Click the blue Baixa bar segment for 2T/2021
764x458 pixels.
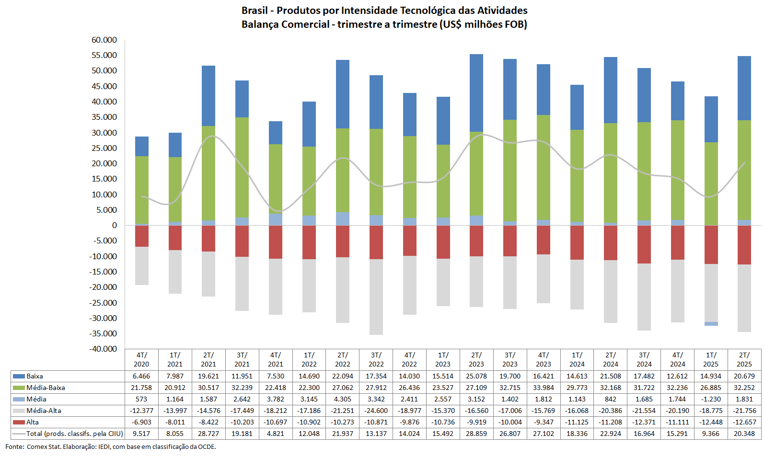[208, 96]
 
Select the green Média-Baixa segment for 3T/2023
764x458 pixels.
[510, 170]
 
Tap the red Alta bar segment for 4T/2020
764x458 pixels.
[141, 236]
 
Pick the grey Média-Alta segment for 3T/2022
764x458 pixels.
[376, 297]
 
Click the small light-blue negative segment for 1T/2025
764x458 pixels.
[711, 324]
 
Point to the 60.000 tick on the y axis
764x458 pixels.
[104, 40]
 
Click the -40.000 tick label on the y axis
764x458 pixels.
[103, 349]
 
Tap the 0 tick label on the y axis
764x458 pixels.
[114, 225]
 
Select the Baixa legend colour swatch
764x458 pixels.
[19, 376]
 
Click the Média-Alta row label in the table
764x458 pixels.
[44, 411]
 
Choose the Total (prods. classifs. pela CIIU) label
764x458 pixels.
[74, 434]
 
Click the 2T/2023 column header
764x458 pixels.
[476, 359]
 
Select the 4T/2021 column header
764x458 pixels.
[276, 359]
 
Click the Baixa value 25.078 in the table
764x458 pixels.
[476, 376]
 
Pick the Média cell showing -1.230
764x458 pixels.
[711, 399]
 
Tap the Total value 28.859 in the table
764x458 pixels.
[476, 434]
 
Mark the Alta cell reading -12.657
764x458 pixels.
[744, 422]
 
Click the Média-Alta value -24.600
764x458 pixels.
[376, 411]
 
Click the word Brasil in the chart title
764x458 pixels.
[255, 11]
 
